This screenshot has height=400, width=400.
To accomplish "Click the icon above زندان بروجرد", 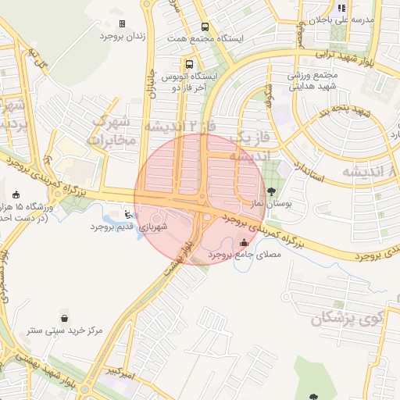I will click(x=122, y=24).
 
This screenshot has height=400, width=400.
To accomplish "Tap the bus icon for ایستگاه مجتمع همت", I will click(x=205, y=26).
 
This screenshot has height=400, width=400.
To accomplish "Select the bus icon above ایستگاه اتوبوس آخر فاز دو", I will click(x=189, y=64).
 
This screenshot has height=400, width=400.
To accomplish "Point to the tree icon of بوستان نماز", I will click(x=272, y=190).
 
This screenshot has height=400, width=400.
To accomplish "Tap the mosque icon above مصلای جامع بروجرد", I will click(x=246, y=242).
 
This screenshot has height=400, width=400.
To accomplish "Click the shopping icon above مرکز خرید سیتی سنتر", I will click(x=63, y=318).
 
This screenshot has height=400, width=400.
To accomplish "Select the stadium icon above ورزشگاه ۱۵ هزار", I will click(x=17, y=194).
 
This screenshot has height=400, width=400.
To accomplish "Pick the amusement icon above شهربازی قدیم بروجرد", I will click(x=129, y=213).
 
